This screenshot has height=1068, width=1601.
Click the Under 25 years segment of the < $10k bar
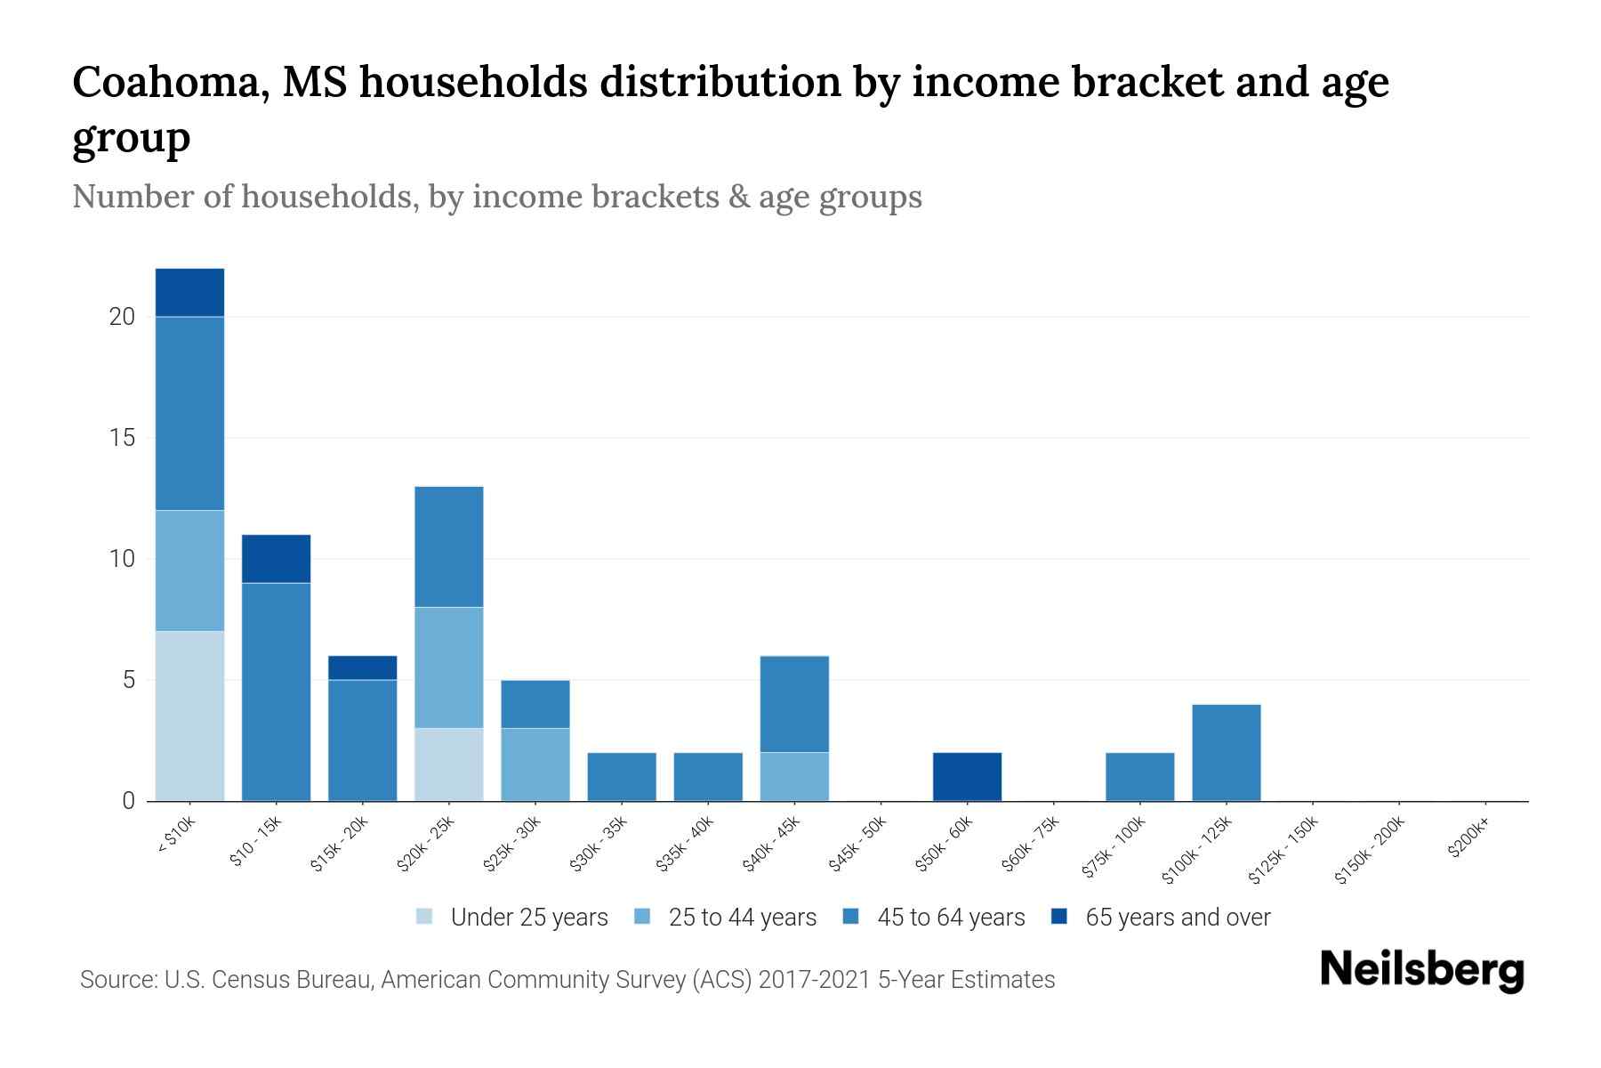[x=189, y=716]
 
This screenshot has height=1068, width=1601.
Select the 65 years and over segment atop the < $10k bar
[x=189, y=292]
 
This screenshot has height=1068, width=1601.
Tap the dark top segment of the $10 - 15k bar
[x=276, y=558]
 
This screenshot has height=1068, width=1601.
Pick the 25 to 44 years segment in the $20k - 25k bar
[x=449, y=667]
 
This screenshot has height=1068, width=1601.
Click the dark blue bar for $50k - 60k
[x=967, y=776]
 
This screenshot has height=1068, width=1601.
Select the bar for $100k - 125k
[x=1226, y=752]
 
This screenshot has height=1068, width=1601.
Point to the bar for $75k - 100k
[x=1139, y=776]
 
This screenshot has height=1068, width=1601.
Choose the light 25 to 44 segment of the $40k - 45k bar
[x=794, y=776]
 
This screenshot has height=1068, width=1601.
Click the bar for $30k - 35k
[x=622, y=776]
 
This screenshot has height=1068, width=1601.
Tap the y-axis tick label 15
[x=121, y=438]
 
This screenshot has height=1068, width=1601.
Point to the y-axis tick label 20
[x=121, y=317]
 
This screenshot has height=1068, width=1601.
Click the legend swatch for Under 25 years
[x=425, y=917]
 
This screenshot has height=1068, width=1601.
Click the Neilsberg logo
[x=1421, y=970]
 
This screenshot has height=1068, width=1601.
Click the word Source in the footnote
[x=116, y=980]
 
